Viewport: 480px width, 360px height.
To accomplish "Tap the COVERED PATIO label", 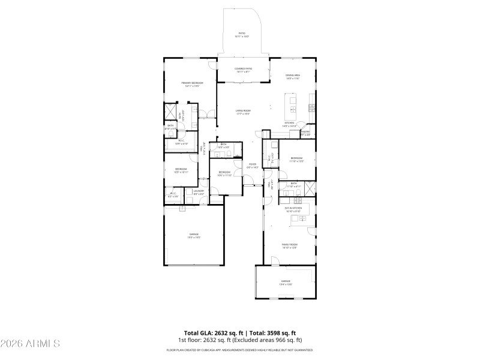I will (243, 69).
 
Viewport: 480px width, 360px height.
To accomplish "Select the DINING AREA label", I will (293, 75).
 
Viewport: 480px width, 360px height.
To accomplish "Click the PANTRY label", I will (305, 131).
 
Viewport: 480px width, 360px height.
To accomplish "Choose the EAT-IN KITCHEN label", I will (292, 208).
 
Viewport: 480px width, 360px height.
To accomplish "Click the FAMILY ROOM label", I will (290, 245).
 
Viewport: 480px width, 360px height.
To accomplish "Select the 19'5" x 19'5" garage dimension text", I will (194, 238).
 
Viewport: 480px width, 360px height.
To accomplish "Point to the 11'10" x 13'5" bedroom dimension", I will (296, 161).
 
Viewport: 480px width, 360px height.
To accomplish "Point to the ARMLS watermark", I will (30, 344).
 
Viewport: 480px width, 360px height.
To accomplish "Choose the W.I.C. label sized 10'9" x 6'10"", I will (181, 142).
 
